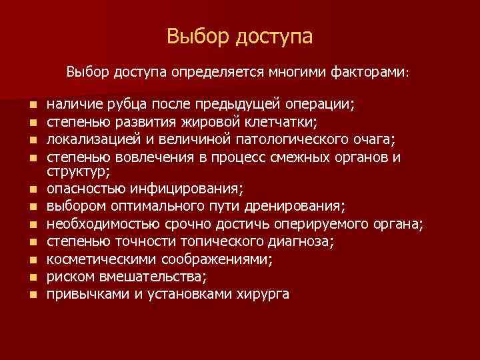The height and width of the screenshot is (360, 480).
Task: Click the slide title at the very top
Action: [239, 36]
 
